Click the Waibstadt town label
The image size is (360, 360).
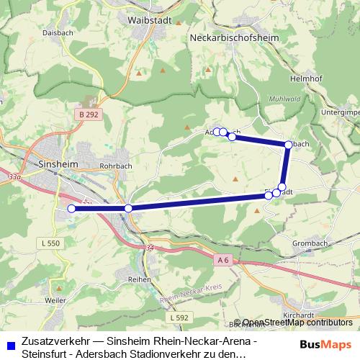[x=149, y=20]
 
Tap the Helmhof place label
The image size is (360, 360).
[x=302, y=78]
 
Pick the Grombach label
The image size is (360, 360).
[x=310, y=243]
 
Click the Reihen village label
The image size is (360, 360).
[x=139, y=279]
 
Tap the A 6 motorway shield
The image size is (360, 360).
[x=223, y=258]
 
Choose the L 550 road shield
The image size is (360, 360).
[x=51, y=244]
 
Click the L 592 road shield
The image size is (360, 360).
[x=180, y=317]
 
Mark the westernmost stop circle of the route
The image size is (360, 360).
[x=71, y=209]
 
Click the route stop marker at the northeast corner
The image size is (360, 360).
[x=288, y=145]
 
